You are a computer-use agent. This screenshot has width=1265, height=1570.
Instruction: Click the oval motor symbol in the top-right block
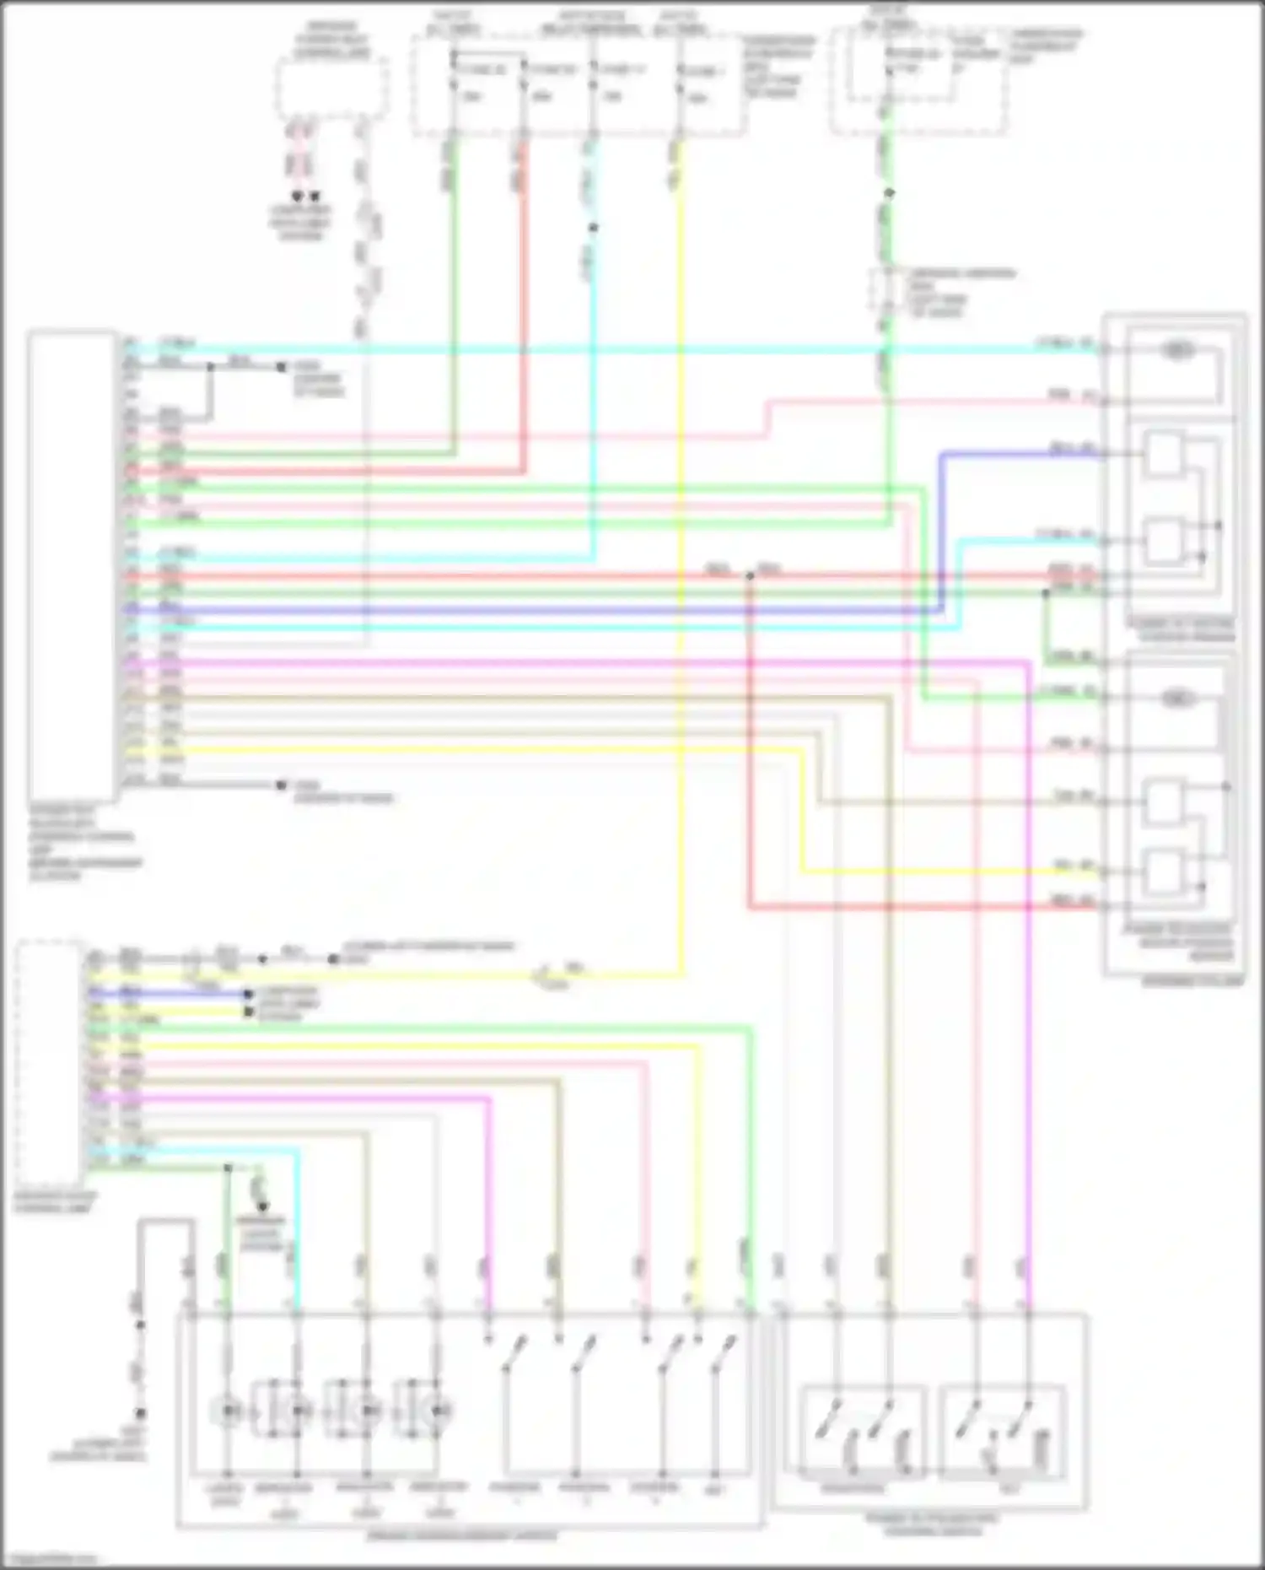coord(1177,349)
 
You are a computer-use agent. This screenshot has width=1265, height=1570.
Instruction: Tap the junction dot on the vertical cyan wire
coord(593,228)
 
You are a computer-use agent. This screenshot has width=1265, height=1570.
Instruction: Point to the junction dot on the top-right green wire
coord(888,193)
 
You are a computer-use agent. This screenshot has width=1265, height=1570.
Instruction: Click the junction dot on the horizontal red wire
coord(749,576)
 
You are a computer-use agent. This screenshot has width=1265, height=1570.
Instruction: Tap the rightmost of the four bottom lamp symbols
coord(438,1411)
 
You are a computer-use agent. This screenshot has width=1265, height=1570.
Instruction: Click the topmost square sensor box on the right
coord(1164,455)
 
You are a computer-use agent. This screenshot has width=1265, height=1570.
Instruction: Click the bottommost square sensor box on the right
coord(1164,872)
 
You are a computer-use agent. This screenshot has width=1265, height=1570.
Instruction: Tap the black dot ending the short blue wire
coord(249,995)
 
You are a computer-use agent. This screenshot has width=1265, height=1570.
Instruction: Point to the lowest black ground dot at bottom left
coord(141,1413)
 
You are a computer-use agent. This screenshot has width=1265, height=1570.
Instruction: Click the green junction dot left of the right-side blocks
coord(1045,594)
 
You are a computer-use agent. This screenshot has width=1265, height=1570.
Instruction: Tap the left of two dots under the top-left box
coord(296,196)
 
